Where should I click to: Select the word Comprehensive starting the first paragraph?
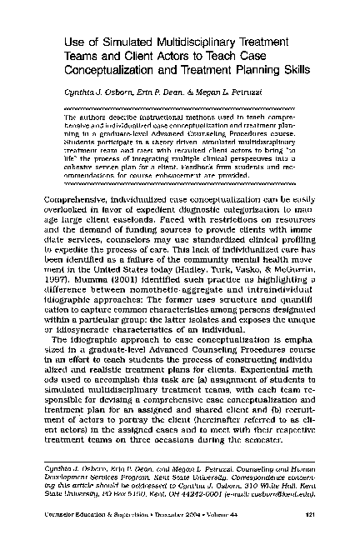[80, 202]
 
